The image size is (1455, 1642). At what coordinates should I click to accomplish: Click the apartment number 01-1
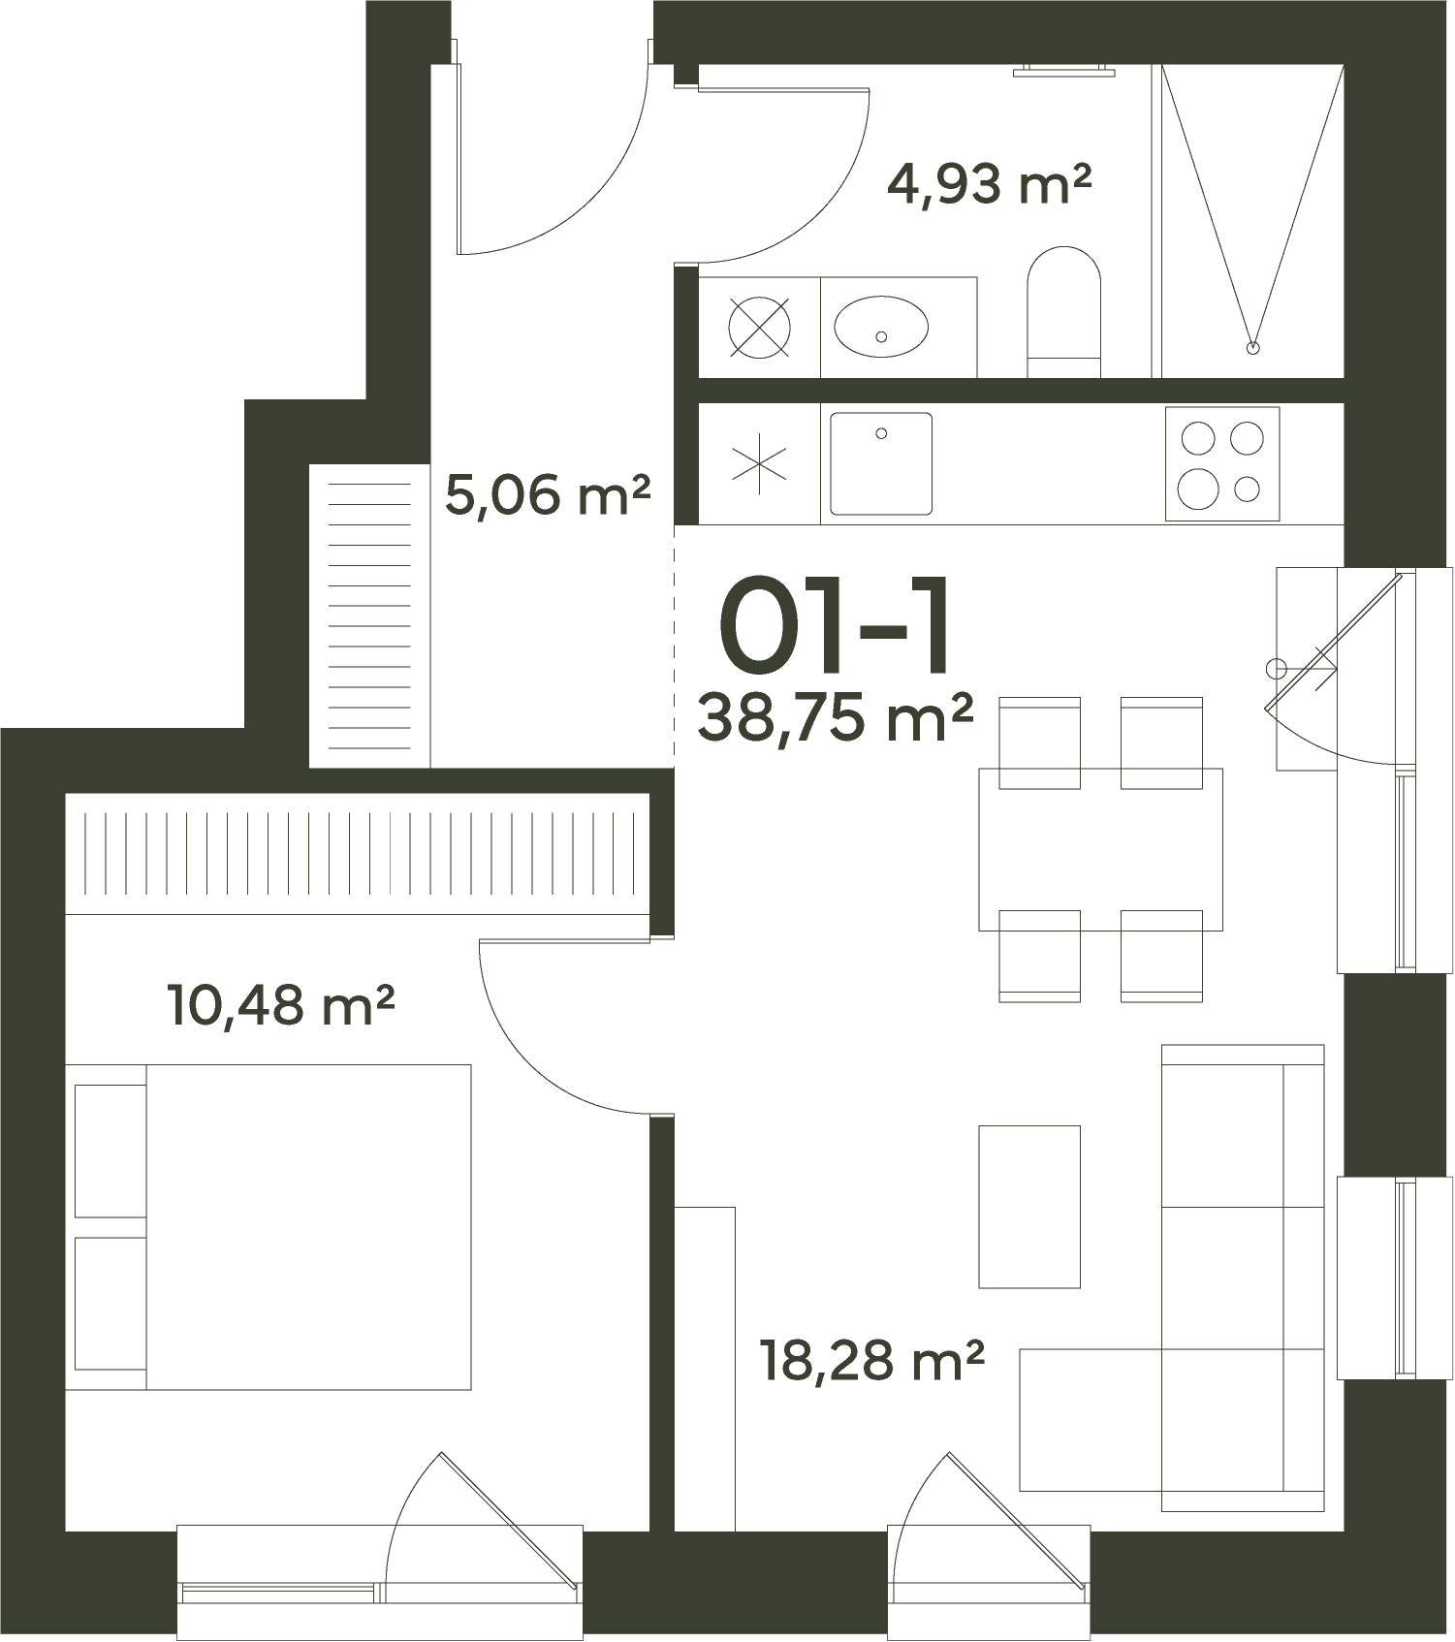coord(833,625)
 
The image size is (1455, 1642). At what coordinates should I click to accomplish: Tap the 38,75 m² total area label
coord(835,718)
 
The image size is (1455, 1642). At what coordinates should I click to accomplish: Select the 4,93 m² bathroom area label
coord(989,183)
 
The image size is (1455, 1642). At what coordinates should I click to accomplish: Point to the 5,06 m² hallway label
coord(547,495)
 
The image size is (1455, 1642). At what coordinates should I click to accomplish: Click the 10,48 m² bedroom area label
coord(281,1005)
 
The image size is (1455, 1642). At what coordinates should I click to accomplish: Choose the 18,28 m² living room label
coord(871,1360)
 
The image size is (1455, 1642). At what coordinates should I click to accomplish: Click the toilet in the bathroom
coord(1063,312)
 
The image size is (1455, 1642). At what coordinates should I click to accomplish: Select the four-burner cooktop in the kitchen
coord(1222,464)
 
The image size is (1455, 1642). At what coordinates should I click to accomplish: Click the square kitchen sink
coord(881,463)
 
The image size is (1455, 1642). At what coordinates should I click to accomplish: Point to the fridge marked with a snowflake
coord(759,464)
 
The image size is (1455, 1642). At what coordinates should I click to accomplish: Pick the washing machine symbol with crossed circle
coord(759,327)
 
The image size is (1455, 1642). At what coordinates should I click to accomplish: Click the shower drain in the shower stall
coord(1252,346)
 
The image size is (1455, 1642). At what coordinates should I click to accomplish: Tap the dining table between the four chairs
coord(1100,849)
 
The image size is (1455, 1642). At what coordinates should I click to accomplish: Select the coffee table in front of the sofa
coord(1029,1207)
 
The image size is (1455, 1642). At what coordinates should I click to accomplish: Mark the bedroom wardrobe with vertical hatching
coord(358,854)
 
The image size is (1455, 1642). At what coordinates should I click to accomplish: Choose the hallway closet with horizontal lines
coord(369,616)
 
